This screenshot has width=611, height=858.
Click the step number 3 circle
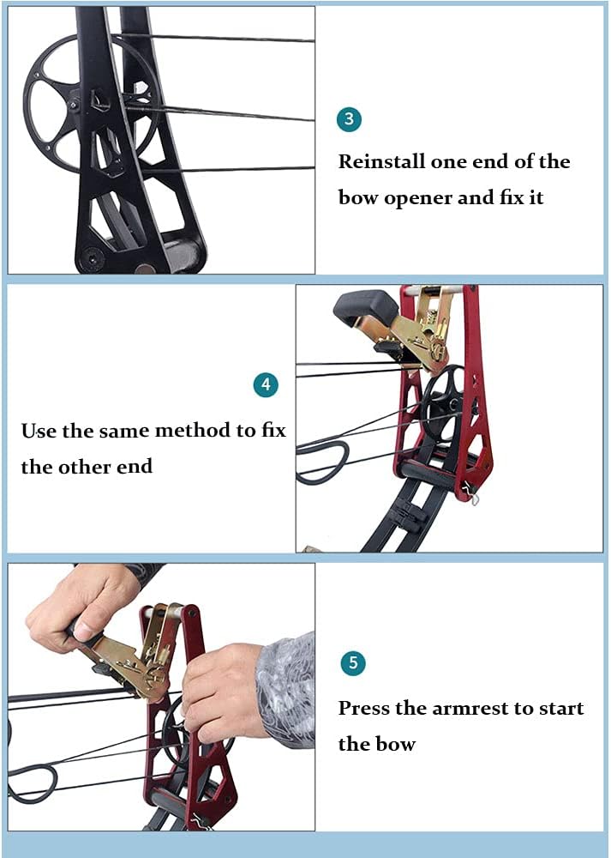pyautogui.click(x=349, y=119)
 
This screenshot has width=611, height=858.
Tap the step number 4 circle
pyautogui.click(x=266, y=385)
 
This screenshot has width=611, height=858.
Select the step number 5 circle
pyautogui.click(x=352, y=663)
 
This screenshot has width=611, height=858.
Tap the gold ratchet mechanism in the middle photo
pyautogui.click(x=424, y=335)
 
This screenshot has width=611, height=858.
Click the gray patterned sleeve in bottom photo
pyautogui.click(x=287, y=686)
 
